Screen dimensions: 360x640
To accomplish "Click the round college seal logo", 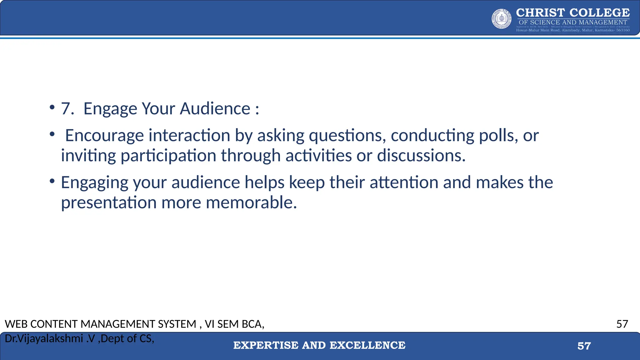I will pyautogui.click(x=502, y=19).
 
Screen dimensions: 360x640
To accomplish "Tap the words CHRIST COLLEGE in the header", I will pyautogui.click(x=573, y=13).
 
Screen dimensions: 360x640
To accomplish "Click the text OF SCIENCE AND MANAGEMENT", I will pyautogui.click(x=573, y=22).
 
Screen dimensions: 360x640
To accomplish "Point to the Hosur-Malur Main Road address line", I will pyautogui.click(x=573, y=30).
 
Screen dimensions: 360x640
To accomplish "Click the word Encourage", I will pyautogui.click(x=104, y=136).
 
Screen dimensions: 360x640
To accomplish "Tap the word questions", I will pyautogui.click(x=347, y=136).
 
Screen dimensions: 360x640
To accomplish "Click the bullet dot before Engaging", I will pyautogui.click(x=52, y=181).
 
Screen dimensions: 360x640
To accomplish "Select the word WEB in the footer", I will pyautogui.click(x=16, y=324).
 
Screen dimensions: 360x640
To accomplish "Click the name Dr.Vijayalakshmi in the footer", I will pyautogui.click(x=44, y=338).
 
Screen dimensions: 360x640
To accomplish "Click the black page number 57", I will pyautogui.click(x=622, y=324).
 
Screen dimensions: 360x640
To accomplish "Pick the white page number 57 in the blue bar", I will pyautogui.click(x=584, y=346).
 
